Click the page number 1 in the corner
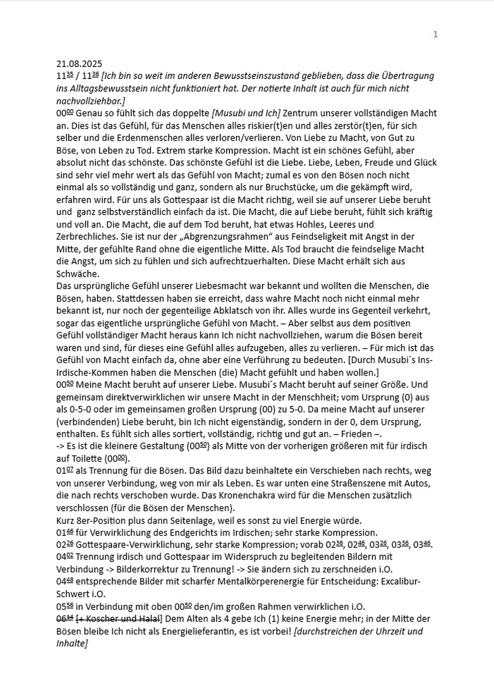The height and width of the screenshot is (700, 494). pos(435,34)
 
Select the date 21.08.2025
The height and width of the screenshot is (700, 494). pos(79,64)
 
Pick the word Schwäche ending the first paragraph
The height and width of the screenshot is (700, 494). pos(77,274)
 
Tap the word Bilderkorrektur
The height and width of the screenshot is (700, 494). pos(148,569)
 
